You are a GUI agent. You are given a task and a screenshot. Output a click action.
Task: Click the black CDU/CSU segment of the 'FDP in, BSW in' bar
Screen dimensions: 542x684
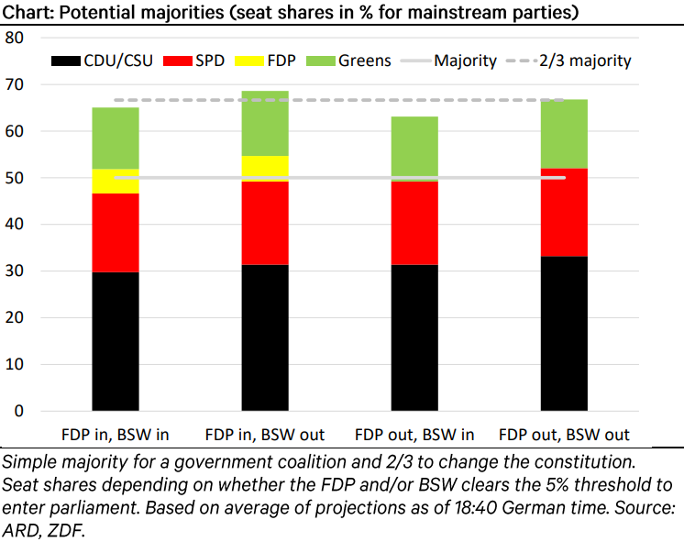click(x=115, y=340)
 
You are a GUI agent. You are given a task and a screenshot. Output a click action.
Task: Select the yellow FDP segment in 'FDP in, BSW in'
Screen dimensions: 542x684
click(x=115, y=182)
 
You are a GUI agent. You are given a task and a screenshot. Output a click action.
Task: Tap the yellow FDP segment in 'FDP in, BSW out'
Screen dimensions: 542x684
click(x=265, y=167)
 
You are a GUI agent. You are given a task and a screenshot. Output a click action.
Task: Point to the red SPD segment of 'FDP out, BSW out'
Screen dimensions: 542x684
click(x=564, y=213)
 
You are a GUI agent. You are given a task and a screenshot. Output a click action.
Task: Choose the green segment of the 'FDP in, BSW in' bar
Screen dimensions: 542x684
click(x=115, y=138)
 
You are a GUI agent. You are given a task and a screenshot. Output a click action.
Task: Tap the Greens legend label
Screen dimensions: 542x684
click(x=364, y=61)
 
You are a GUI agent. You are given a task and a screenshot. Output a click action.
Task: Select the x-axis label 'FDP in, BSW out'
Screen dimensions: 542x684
click(x=265, y=434)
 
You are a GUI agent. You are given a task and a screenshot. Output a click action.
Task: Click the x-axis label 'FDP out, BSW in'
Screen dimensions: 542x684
click(x=414, y=434)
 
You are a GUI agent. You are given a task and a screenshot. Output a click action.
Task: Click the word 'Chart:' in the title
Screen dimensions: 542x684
click(x=26, y=12)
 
